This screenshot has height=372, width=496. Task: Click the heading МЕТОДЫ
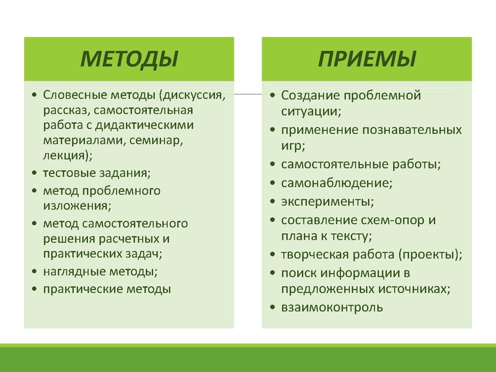tap(130, 59)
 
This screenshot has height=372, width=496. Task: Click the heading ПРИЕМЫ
tap(366, 59)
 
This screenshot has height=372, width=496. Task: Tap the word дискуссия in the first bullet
tap(192, 95)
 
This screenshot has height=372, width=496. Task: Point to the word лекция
tap(64, 156)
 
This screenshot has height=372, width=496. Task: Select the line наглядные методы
tap(99, 271)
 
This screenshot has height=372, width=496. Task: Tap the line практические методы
tap(107, 289)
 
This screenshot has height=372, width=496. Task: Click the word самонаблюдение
tap(337, 183)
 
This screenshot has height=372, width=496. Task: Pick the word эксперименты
tap(327, 201)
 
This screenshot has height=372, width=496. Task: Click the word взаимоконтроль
tap(332, 307)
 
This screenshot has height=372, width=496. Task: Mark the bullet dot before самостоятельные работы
tap(273, 165)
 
